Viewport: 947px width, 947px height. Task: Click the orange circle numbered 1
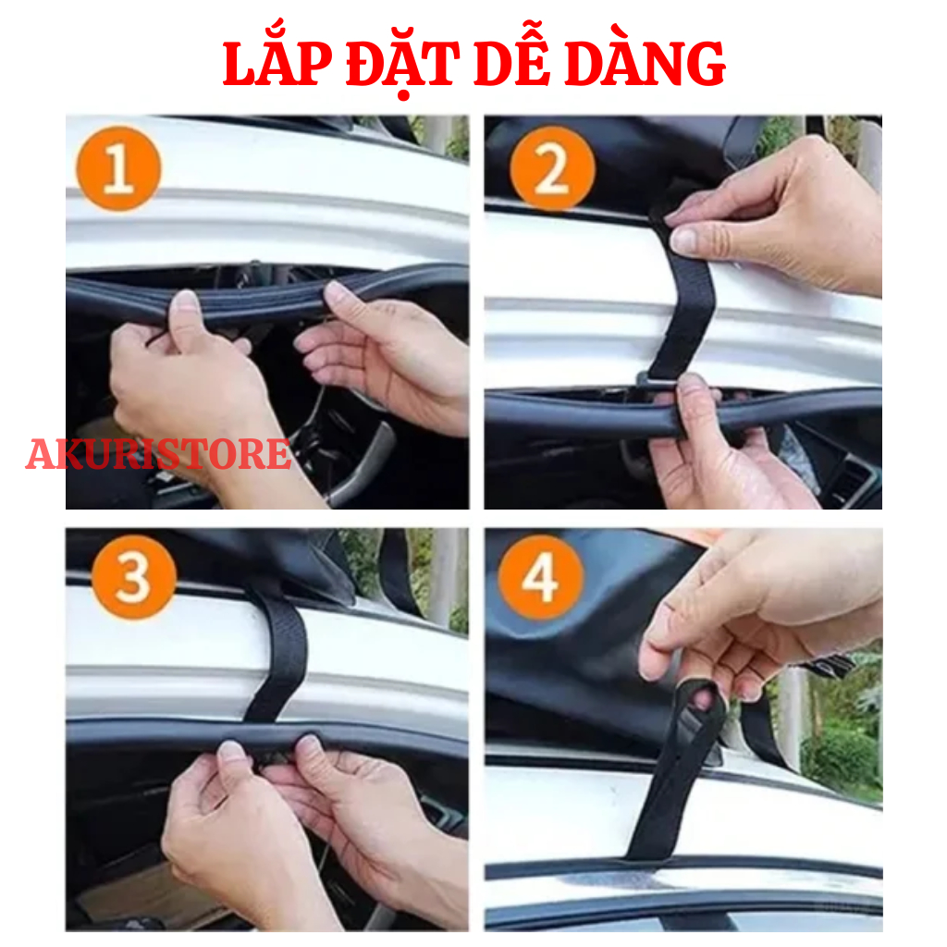click(119, 168)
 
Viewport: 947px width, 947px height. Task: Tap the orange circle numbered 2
click(552, 168)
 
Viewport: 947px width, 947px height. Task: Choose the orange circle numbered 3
click(134, 577)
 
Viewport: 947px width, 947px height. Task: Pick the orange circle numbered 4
click(541, 577)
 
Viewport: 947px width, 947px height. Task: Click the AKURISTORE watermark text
click(159, 454)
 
